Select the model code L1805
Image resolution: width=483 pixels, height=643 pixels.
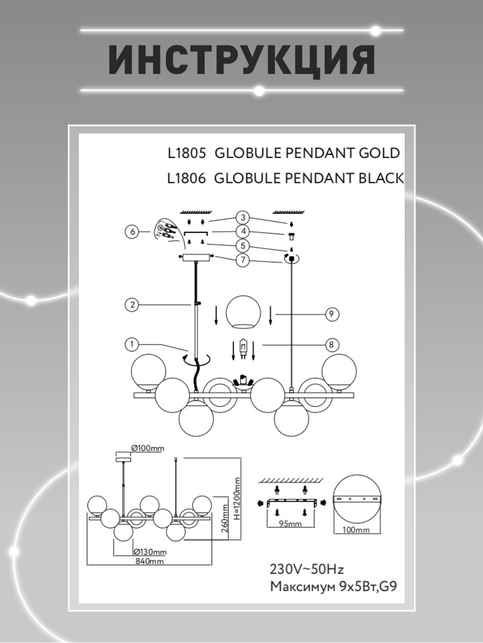[187, 153]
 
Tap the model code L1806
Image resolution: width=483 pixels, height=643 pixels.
[187, 178]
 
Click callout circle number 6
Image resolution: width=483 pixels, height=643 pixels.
[131, 232]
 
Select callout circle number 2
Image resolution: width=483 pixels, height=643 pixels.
[131, 305]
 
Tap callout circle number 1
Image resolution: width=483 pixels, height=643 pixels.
[131, 343]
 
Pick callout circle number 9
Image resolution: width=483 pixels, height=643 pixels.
[332, 315]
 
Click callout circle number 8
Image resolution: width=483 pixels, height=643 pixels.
[332, 345]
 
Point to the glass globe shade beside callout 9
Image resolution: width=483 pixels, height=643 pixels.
[244, 312]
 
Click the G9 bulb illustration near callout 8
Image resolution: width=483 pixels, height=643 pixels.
[243, 350]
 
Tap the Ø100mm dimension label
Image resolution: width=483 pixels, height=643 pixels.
[148, 448]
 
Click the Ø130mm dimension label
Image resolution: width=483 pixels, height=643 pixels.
[149, 552]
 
